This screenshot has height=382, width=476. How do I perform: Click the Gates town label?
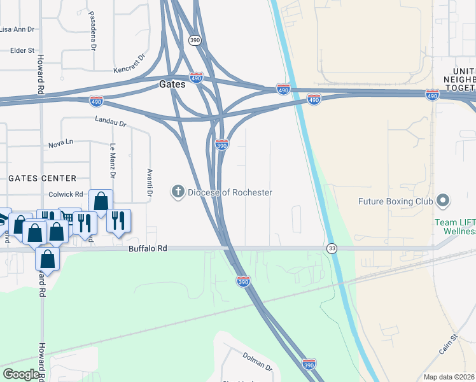[172, 84]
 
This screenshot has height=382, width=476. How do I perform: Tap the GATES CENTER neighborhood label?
[43, 179]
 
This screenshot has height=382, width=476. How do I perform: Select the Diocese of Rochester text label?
[230, 192]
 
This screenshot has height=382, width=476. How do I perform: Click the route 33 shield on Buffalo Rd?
[332, 248]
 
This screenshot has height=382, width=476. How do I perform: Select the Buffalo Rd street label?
[148, 249]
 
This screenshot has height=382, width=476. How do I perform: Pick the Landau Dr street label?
[111, 120]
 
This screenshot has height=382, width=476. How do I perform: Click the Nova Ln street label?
[61, 145]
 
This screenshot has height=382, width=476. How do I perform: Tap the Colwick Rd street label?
[66, 194]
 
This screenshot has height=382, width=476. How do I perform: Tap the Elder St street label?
[21, 50]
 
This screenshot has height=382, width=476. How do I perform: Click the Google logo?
[21, 374]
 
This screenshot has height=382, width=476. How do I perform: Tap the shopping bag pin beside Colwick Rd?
[101, 201]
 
